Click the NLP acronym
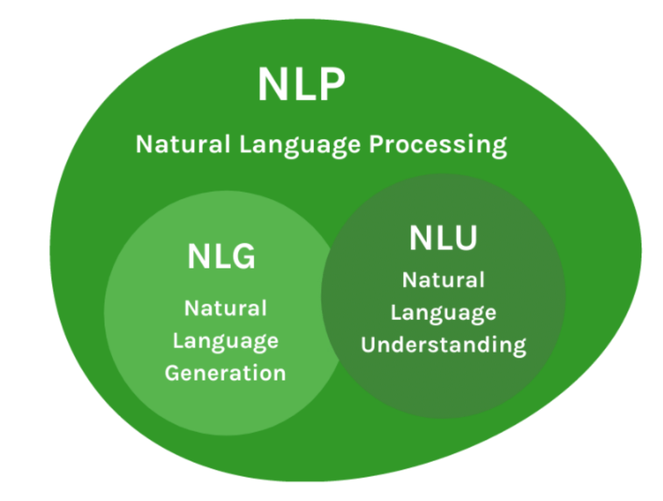[301, 85]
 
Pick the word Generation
[225, 373]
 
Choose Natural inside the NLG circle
[225, 308]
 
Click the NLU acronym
[443, 238]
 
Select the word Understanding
[443, 345]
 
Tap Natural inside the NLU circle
[443, 280]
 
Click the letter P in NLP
[329, 85]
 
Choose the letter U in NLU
[464, 238]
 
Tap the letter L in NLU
[443, 238]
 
